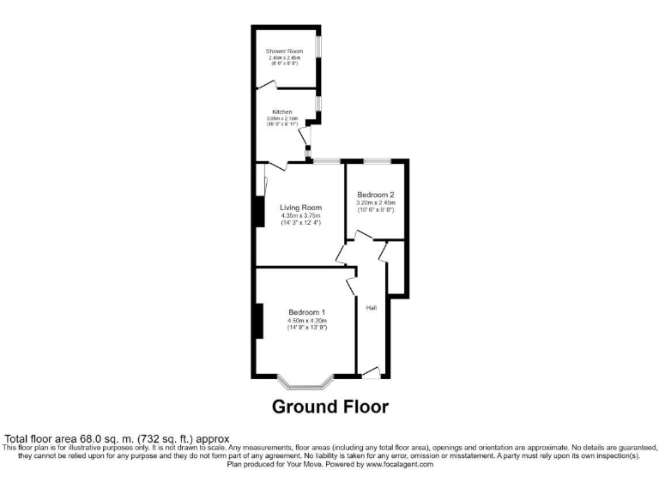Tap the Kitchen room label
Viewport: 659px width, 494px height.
click(x=282, y=112)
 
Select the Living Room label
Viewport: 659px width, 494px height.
click(x=300, y=207)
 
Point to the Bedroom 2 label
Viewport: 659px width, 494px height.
click(x=376, y=195)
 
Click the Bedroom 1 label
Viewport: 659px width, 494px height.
click(x=306, y=311)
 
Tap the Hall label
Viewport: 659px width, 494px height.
click(x=372, y=307)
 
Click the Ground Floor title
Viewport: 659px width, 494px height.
click(x=329, y=406)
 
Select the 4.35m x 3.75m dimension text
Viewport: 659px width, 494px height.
click(x=300, y=215)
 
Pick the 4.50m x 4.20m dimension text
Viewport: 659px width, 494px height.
click(x=306, y=320)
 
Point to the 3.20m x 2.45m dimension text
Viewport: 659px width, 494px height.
click(x=376, y=203)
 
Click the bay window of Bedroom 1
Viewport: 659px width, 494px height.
click(x=305, y=380)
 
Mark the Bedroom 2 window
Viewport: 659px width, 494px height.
click(x=377, y=160)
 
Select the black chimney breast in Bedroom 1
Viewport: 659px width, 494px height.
click(x=258, y=322)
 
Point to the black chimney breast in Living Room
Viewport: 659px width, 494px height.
click(x=258, y=213)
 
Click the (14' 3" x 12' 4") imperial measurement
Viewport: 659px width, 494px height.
click(x=300, y=223)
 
